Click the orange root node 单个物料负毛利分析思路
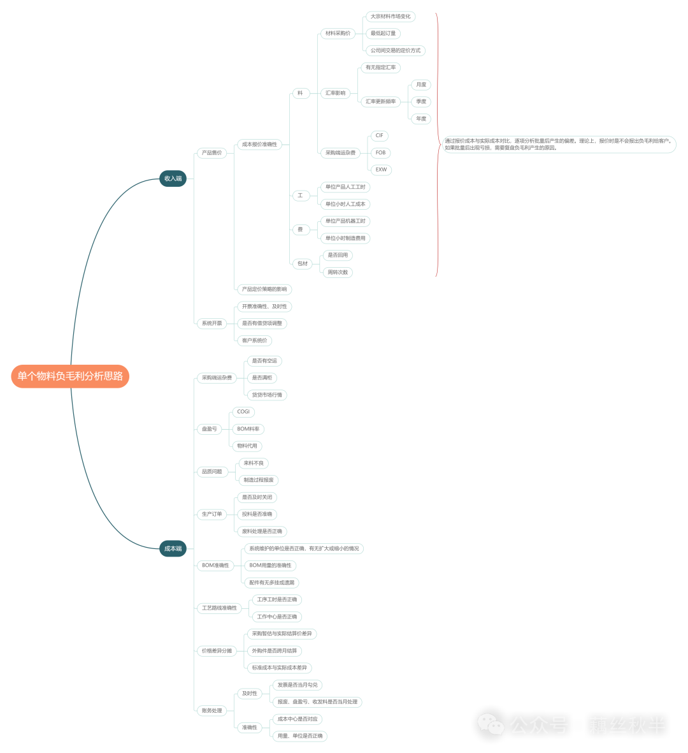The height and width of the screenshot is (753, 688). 70,376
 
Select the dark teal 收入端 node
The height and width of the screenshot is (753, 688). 173,179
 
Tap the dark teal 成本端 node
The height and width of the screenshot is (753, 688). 173,548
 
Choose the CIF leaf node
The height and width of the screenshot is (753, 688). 380,136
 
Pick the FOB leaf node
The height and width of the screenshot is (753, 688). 380,153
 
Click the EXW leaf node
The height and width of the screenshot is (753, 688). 381,170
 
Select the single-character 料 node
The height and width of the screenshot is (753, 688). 300,93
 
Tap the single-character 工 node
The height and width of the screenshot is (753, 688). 300,195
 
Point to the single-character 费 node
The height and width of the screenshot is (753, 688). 300,230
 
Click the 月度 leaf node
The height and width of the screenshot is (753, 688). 421,85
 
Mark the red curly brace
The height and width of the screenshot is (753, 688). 437,144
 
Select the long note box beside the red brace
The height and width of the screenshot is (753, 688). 559,144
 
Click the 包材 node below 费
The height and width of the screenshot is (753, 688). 303,263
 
